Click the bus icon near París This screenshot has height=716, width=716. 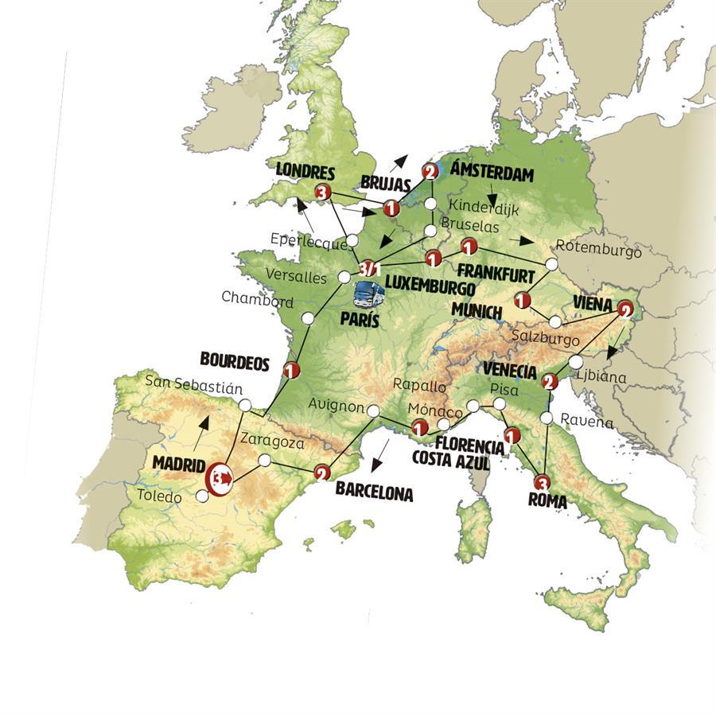tap(368, 296)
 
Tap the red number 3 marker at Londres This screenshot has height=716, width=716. tap(321, 192)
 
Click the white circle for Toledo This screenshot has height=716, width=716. tap(203, 496)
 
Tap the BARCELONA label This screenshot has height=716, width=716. tap(374, 492)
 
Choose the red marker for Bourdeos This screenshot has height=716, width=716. tap(290, 370)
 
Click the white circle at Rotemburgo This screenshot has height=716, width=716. tap(551, 263)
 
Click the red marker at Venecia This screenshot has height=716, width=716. tap(548, 383)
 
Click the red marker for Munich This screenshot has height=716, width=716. tap(522, 301)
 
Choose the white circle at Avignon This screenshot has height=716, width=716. tap(373, 411)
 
